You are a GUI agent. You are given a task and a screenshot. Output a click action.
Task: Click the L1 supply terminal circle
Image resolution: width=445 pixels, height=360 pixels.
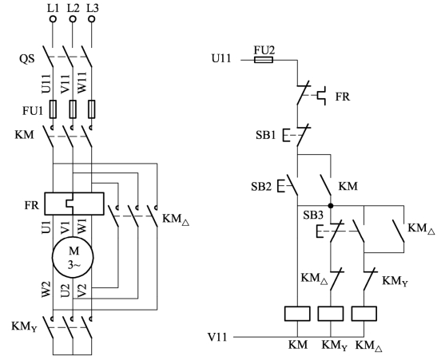[x=53, y=19]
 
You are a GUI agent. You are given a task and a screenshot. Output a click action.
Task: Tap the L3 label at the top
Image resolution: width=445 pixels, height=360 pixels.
[x=92, y=8]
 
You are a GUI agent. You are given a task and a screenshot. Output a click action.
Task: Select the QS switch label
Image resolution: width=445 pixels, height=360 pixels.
[x=27, y=59]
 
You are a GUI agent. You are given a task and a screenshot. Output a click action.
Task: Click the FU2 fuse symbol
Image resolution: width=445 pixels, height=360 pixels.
[x=264, y=60]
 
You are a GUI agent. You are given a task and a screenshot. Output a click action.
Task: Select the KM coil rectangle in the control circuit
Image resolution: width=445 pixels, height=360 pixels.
[x=297, y=314]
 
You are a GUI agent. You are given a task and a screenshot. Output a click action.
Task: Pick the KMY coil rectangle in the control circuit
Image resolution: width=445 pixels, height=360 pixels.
[x=331, y=314]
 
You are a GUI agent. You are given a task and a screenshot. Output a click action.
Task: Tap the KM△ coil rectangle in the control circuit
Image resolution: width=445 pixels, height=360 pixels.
[x=364, y=314]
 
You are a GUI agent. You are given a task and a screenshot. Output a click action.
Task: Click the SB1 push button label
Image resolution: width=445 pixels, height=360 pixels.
[x=265, y=135]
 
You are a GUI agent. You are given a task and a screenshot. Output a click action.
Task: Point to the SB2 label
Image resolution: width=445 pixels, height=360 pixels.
[x=261, y=187]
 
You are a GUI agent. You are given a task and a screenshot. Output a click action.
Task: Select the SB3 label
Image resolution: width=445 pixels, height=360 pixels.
[x=313, y=216]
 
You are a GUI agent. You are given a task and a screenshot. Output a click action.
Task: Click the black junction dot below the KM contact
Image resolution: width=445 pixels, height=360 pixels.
[x=331, y=206]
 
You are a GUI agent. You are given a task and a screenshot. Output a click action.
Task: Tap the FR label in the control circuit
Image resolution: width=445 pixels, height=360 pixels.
[x=343, y=97]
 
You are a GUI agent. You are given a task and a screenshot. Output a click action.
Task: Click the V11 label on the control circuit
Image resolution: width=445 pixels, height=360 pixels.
[x=217, y=338]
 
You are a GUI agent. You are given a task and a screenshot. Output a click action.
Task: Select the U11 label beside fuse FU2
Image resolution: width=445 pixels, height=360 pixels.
[x=221, y=59]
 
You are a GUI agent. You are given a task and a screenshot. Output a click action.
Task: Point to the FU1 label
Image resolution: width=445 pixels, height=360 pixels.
[x=33, y=111]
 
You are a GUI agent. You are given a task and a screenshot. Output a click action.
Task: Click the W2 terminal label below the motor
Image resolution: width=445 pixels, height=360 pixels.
[x=47, y=290]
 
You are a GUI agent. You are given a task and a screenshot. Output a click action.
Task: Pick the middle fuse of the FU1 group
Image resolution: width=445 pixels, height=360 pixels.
[x=73, y=109]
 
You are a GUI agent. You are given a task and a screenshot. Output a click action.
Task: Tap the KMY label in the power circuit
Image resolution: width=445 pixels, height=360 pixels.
[x=24, y=326]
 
